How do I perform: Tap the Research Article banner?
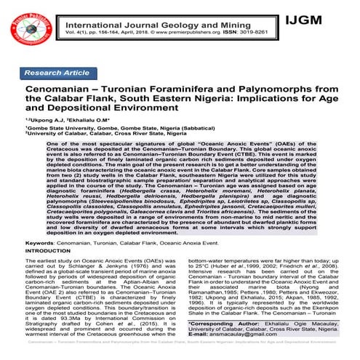click(68, 74)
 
